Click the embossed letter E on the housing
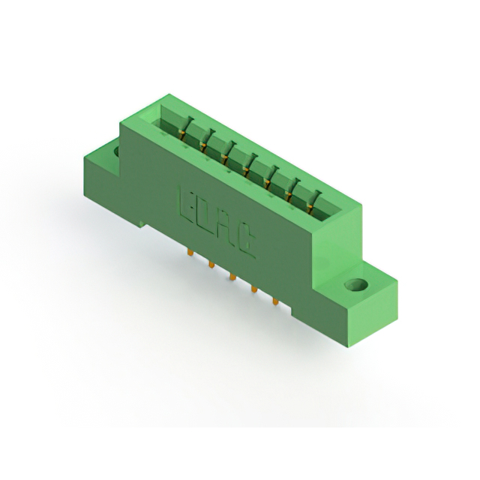185,205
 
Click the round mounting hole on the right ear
356,283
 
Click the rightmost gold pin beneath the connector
275,301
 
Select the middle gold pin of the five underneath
233,277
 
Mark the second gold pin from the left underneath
211,264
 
